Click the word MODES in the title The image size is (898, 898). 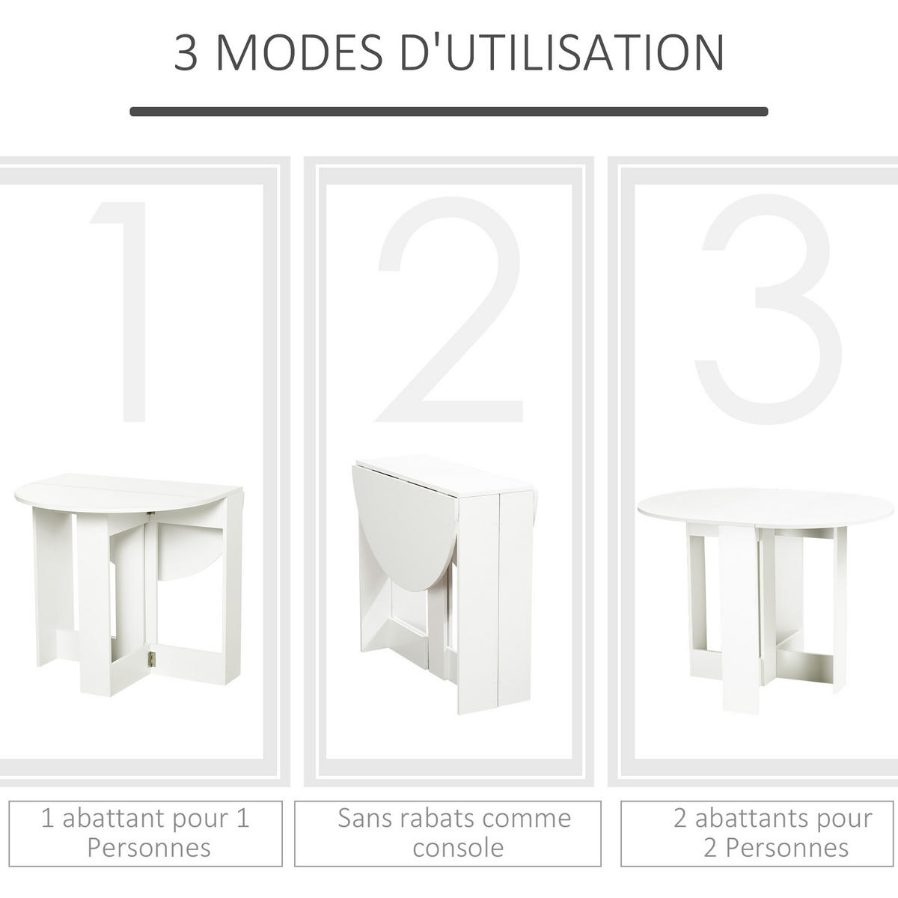[299, 52]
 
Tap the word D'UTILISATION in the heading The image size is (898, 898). [561, 52]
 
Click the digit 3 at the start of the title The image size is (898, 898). [186, 52]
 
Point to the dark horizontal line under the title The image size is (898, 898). [449, 112]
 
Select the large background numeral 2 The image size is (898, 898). [449, 309]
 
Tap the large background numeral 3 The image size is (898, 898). [768, 309]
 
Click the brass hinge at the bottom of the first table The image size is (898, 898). [150, 658]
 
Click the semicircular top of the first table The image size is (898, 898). [128, 492]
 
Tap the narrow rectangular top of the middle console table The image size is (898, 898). [445, 477]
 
